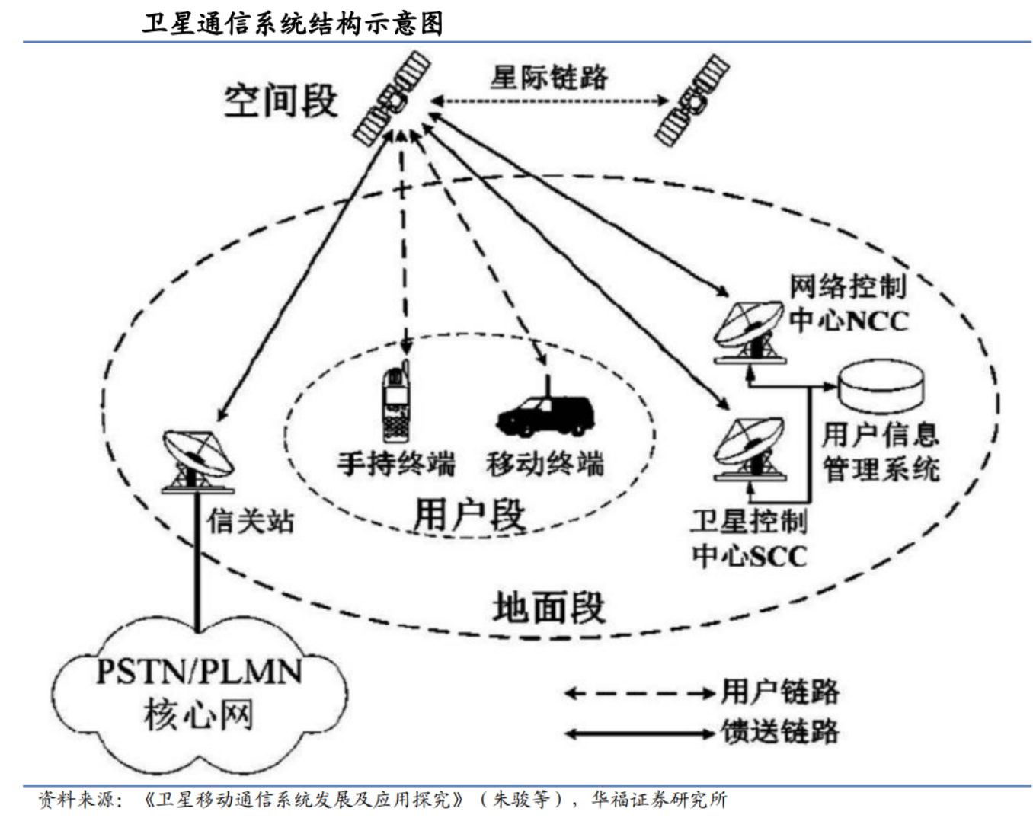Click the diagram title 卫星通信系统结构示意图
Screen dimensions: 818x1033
click(x=293, y=23)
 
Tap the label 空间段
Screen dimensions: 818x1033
click(x=280, y=101)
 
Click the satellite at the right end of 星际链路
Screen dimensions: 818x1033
click(x=692, y=99)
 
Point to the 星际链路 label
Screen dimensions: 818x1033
click(x=548, y=77)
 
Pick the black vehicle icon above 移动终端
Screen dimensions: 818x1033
click(x=545, y=415)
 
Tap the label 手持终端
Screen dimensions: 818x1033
click(x=396, y=463)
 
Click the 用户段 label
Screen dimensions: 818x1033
click(x=469, y=515)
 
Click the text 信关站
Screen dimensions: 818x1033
click(x=251, y=521)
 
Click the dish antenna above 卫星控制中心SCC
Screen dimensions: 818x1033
click(x=748, y=449)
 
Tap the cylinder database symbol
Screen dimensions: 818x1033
click(x=881, y=386)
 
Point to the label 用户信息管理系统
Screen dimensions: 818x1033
click(x=880, y=452)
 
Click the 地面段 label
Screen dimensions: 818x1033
click(x=548, y=608)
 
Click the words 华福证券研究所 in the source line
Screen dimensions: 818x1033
click(x=659, y=799)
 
